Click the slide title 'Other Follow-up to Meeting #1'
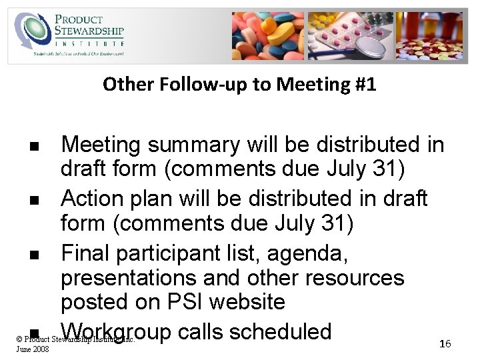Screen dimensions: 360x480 pyautogui.click(x=239, y=85)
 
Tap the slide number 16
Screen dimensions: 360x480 pyautogui.click(x=445, y=343)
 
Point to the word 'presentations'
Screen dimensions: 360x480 pyautogui.click(x=129, y=278)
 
